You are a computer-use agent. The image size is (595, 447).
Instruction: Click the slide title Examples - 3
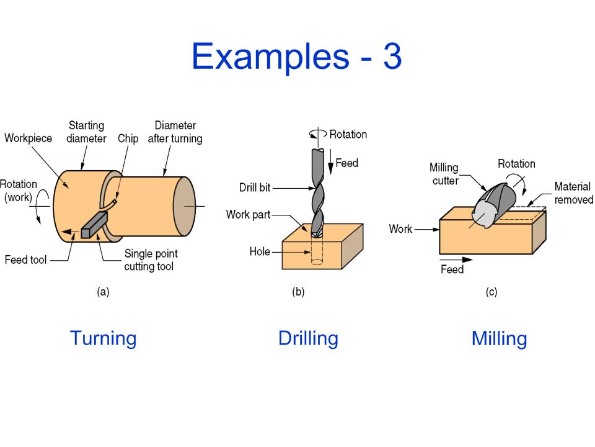[297, 56]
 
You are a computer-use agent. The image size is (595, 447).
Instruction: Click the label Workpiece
[28, 138]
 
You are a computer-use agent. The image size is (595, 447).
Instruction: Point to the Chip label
[128, 138]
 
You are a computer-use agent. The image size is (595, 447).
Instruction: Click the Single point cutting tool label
[151, 260]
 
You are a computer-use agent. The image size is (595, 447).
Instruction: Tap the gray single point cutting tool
[94, 225]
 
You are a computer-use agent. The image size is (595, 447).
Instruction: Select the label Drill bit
[255, 187]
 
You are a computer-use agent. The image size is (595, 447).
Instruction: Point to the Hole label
[260, 251]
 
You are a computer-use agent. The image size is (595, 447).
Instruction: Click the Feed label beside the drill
[347, 163]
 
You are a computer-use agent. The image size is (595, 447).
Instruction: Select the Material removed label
[574, 193]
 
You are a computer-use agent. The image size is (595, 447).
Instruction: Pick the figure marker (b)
[298, 292]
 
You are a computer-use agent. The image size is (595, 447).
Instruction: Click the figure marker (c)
[491, 292]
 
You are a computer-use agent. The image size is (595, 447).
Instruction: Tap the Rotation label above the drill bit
[348, 134]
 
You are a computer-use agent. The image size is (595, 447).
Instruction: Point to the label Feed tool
[25, 260]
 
